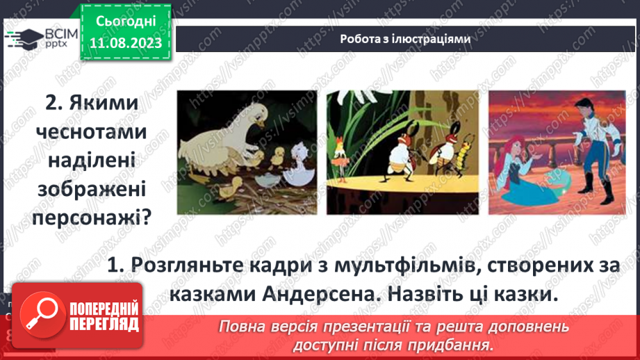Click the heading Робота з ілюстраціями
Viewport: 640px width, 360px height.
click(x=406, y=40)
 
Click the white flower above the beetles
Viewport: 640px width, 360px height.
click(x=400, y=104)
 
